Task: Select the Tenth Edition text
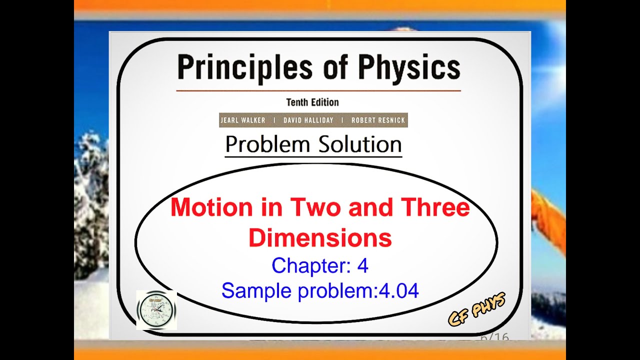[x=312, y=102]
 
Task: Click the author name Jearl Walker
[x=243, y=120]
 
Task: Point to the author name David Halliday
[x=307, y=120]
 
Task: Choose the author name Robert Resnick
[x=378, y=120]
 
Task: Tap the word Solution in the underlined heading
[x=357, y=145]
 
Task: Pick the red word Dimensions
[x=320, y=238]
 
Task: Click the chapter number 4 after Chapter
[x=362, y=266]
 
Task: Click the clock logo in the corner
[x=156, y=310]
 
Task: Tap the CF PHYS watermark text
[x=477, y=309]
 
